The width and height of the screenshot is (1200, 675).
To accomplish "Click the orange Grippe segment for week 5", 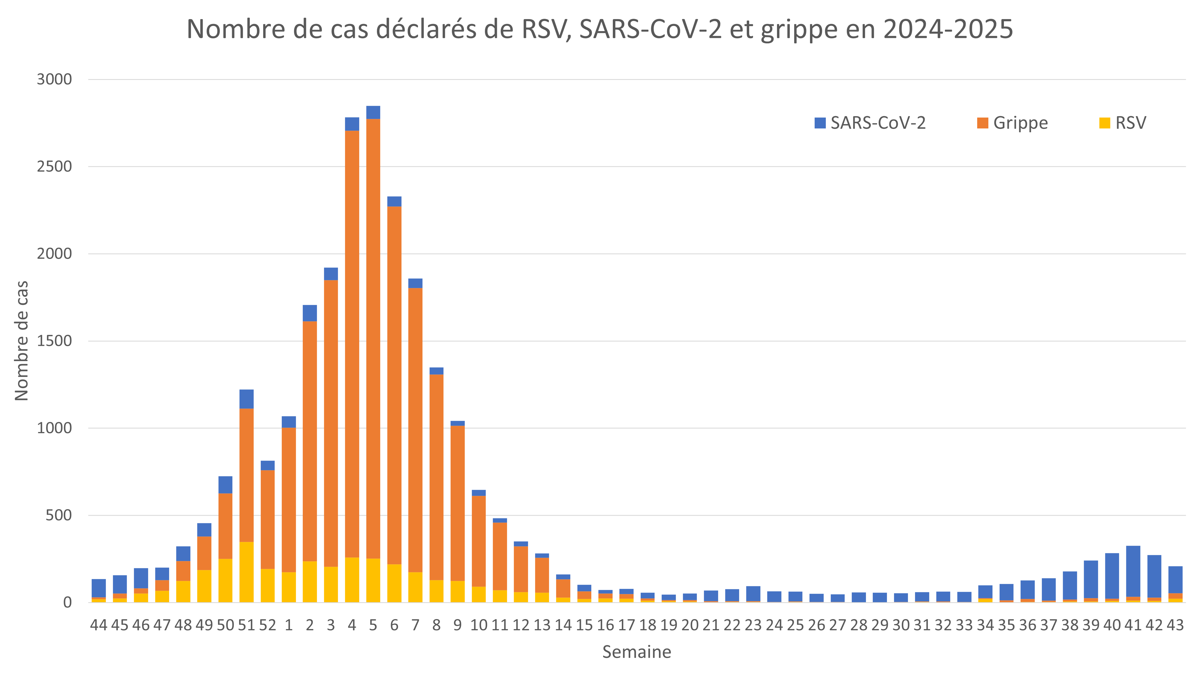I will point(373,339).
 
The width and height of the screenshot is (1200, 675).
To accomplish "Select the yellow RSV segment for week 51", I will point(247,572).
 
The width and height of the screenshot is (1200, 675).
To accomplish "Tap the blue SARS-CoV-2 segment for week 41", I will point(1133,571).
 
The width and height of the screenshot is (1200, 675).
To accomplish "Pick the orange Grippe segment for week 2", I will point(310,441).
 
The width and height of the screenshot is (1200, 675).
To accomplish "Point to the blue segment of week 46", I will point(141,578).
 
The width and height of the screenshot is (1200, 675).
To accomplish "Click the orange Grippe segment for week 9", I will point(457,503).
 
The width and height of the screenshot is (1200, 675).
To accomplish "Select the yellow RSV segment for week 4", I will point(352,580).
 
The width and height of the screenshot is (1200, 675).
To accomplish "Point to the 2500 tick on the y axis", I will point(55,167).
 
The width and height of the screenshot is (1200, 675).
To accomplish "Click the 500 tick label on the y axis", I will point(59,515).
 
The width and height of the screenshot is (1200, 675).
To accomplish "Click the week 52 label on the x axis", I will point(267,625).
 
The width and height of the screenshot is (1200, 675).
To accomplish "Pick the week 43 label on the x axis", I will point(1175,625).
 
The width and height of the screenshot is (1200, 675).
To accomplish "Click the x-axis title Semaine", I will point(636,652).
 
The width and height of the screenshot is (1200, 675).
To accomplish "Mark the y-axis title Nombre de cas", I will point(22,341).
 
